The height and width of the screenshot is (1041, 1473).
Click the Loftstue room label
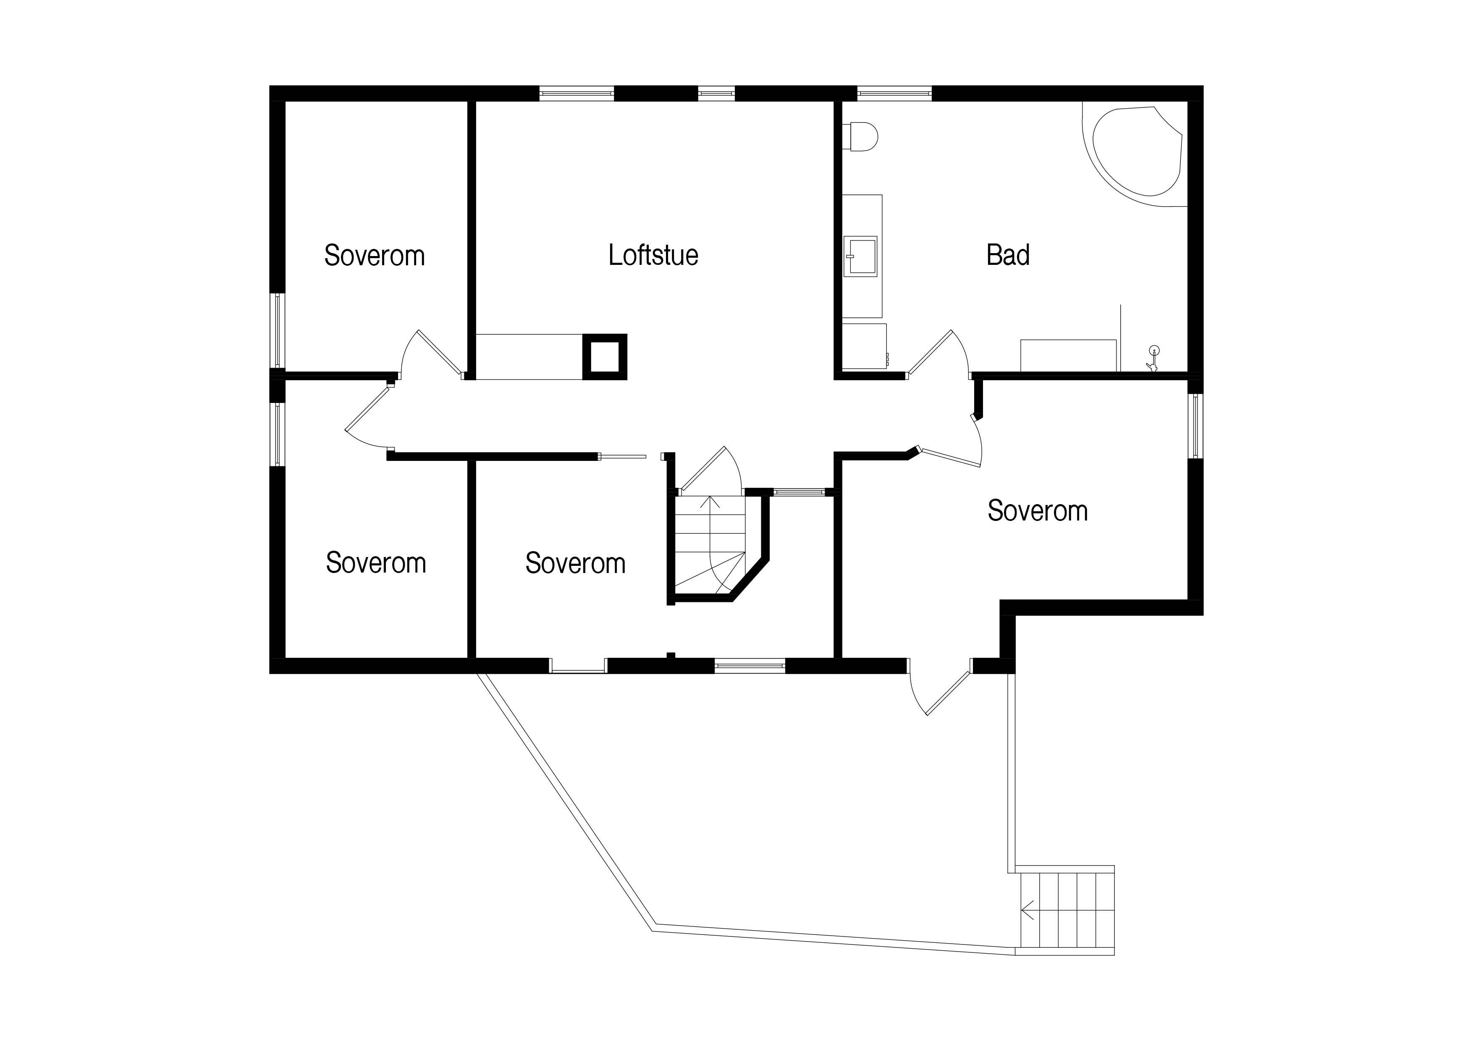click(653, 255)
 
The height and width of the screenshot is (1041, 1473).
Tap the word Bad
click(1008, 255)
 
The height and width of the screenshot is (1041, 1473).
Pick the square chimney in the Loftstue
click(604, 357)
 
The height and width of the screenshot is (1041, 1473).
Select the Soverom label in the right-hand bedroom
click(1038, 511)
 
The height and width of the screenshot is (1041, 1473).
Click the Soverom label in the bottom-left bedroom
click(376, 563)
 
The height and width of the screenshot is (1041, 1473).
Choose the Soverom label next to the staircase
click(576, 564)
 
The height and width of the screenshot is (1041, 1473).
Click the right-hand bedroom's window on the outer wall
click(1196, 426)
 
